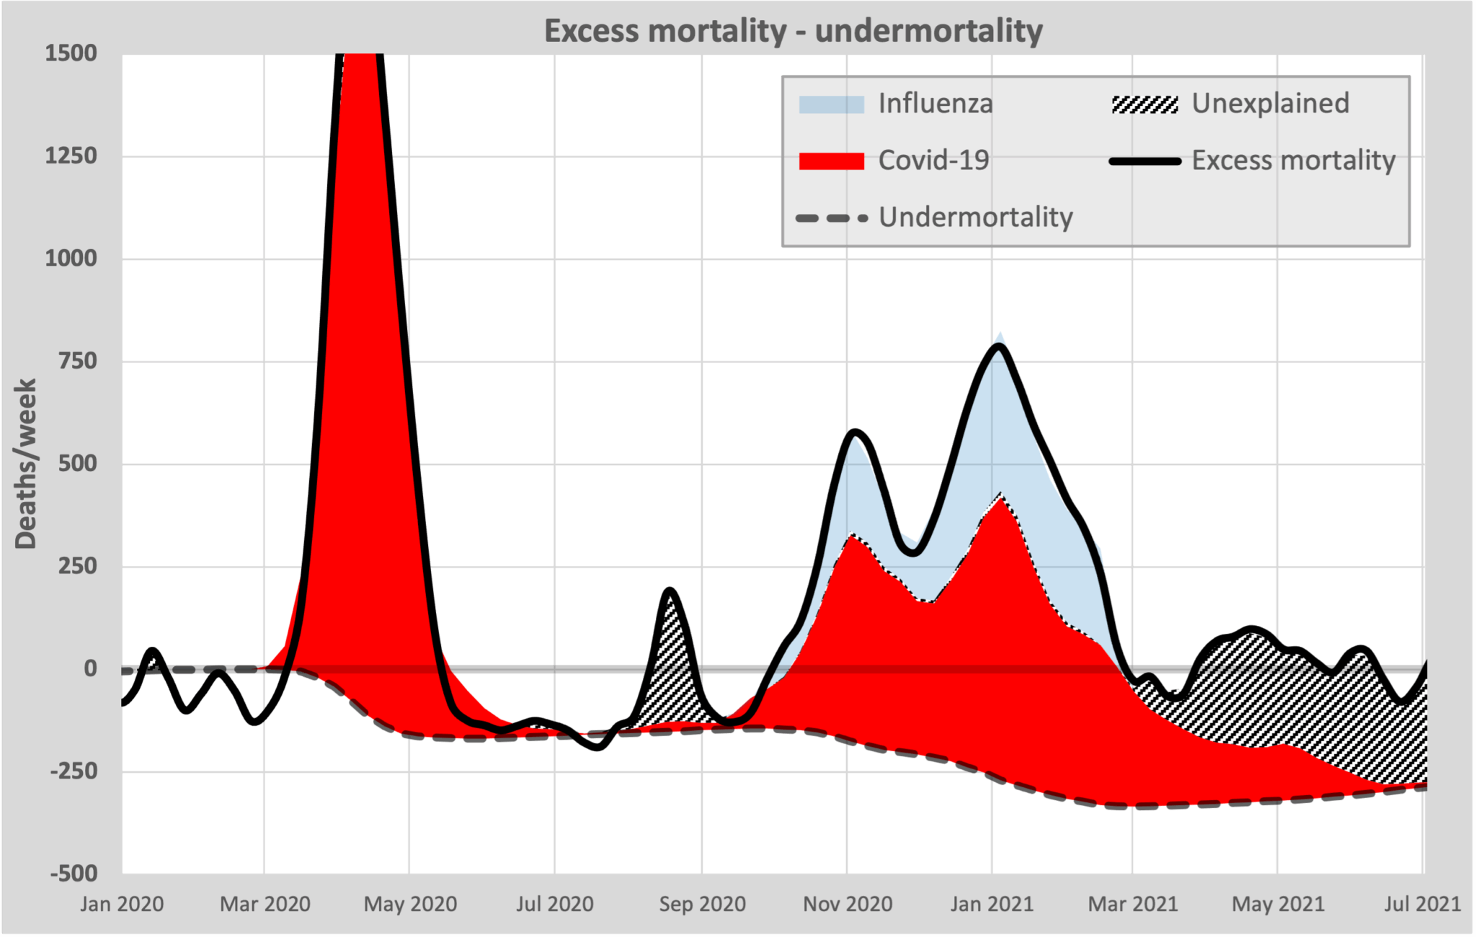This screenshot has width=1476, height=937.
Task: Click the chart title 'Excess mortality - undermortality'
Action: point(793,31)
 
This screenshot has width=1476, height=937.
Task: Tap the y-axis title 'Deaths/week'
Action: point(26,465)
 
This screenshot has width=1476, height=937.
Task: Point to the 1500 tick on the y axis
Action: point(71,53)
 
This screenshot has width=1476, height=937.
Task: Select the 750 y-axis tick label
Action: point(77,361)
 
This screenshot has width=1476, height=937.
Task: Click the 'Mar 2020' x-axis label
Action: point(264,904)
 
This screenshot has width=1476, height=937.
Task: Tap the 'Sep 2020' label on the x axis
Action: point(702,904)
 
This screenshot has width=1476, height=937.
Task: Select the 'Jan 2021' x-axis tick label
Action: point(992,904)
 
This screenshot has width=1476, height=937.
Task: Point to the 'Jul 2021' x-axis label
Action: point(1422,904)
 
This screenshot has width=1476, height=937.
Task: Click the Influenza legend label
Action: point(935,104)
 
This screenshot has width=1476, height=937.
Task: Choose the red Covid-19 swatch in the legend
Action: point(831,161)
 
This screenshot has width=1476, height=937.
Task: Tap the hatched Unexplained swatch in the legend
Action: point(1144,104)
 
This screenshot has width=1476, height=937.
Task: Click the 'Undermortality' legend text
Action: point(975,217)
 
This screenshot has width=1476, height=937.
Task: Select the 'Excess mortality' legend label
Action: point(1293,161)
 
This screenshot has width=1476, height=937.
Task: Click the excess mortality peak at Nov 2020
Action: point(855,432)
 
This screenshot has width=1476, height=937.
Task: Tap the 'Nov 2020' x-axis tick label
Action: point(848,904)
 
